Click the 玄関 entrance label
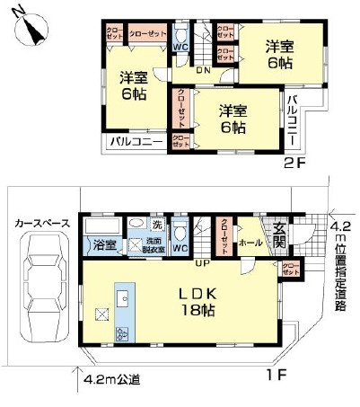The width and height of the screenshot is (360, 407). [279, 236]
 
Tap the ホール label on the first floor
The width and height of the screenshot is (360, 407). [251, 243]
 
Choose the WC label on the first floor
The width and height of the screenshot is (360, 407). [180, 247]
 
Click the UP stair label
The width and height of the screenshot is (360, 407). [204, 263]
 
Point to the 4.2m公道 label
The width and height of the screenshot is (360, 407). [113, 379]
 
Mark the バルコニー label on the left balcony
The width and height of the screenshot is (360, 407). [136, 142]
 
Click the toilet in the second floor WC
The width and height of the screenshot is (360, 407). [180, 30]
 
